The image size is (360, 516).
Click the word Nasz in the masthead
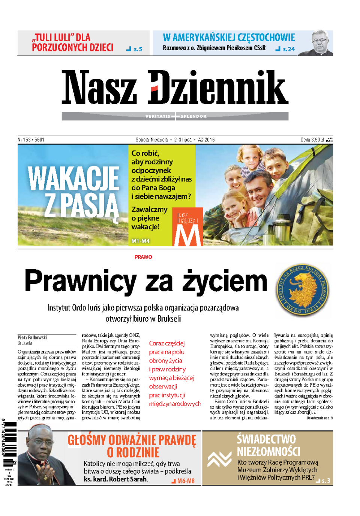pos(99,87)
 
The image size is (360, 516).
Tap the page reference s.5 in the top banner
pos(138,49)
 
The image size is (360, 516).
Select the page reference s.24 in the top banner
pos(288,49)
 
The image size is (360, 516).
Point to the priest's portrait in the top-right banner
pos(321,43)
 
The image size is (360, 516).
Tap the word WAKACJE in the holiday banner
pos(73,178)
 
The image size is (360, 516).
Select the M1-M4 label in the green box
pos(140,241)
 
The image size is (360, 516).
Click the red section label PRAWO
pos(143,257)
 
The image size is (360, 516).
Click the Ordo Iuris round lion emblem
pos(303,289)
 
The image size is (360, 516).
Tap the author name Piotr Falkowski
pos(32,337)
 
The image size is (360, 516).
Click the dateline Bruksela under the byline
pos(25,343)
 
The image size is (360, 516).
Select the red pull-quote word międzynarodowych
pos(175,404)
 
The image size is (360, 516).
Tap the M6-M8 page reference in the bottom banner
pos(186,481)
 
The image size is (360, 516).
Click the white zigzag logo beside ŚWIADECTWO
pos(220,459)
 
